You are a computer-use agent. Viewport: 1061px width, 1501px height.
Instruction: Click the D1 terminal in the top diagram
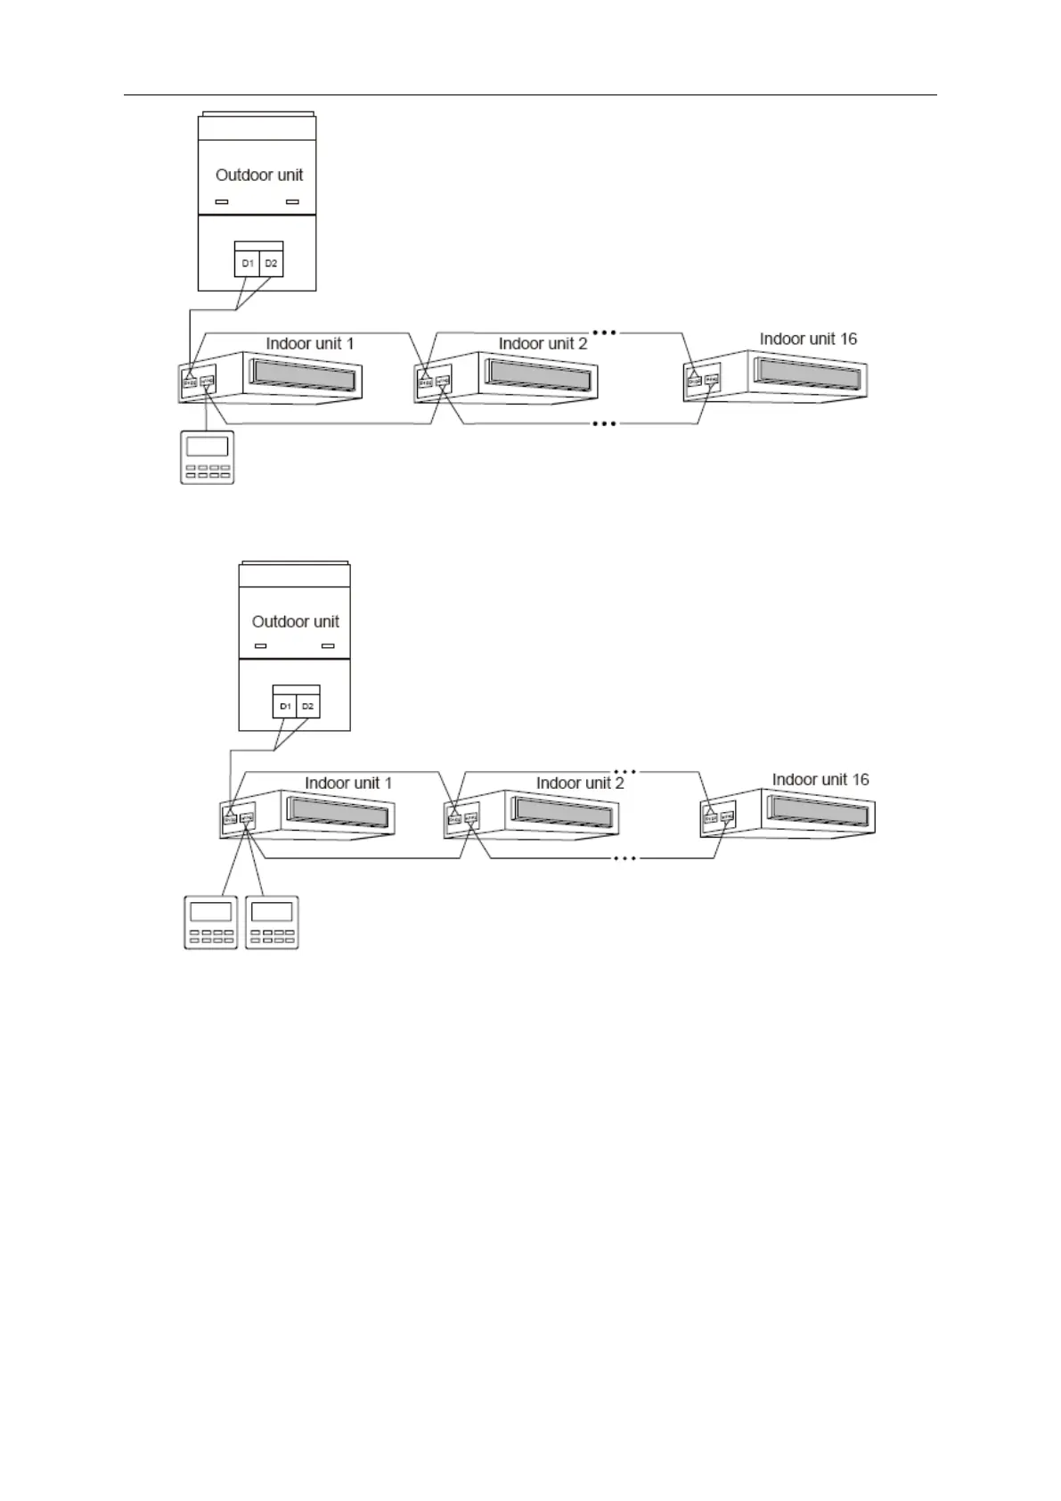[x=248, y=264]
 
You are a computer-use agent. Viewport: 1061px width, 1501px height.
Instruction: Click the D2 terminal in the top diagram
[x=271, y=264]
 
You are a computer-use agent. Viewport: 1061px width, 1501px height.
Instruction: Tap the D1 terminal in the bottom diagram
[x=285, y=706]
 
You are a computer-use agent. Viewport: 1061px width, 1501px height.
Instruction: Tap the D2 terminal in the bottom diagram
[x=307, y=706]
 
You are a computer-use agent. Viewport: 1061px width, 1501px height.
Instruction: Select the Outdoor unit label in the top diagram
[x=259, y=175]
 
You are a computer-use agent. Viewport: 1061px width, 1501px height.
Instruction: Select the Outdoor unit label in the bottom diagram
[x=296, y=621]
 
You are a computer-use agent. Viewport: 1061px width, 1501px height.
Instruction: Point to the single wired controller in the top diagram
[x=208, y=457]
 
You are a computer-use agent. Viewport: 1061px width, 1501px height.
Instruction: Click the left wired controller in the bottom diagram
[x=211, y=922]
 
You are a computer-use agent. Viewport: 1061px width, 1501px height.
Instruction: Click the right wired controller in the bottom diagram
[x=272, y=922]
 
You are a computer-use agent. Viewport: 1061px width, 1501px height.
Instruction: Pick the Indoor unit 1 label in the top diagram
[x=310, y=343]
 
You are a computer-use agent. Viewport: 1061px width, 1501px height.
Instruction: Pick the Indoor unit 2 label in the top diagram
[x=543, y=343]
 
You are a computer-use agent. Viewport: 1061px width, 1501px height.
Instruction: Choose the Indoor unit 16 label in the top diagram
[x=808, y=339]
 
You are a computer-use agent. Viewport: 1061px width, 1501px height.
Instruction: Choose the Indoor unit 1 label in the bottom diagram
[x=348, y=783]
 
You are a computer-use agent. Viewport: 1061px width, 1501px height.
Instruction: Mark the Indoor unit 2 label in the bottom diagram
[x=580, y=783]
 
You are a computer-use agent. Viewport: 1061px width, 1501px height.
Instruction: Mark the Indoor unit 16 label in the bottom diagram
[x=820, y=779]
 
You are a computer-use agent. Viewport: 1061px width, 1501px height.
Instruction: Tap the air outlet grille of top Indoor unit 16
[x=809, y=372]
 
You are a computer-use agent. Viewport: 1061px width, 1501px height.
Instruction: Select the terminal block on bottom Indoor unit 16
[x=718, y=816]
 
